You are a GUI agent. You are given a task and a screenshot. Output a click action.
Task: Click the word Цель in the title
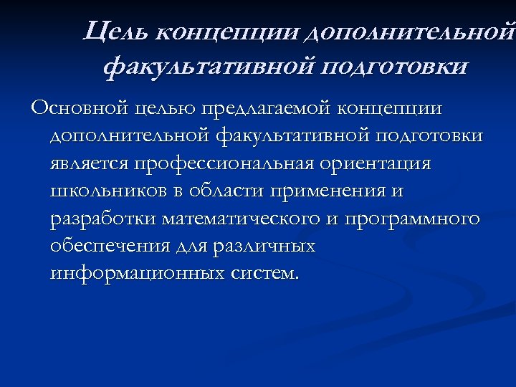(x=114, y=32)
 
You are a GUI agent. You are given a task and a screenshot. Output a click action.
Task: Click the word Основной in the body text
(x=77, y=108)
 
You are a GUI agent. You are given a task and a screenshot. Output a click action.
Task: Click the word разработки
(x=103, y=219)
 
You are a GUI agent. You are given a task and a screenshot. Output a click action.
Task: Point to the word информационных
(x=137, y=273)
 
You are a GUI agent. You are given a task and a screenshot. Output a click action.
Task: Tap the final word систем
(x=265, y=273)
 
